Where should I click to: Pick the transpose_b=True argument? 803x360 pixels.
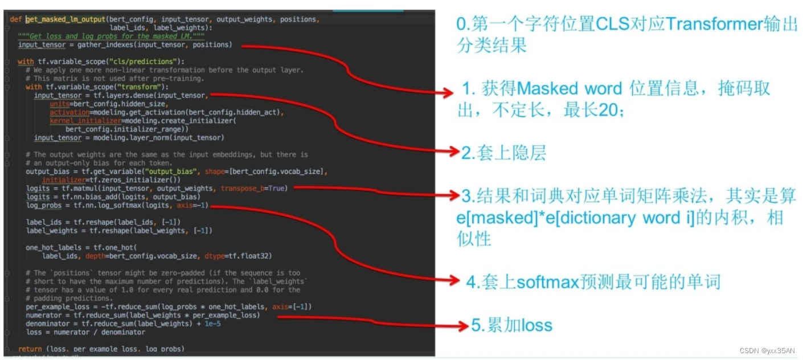[x=254, y=189]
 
